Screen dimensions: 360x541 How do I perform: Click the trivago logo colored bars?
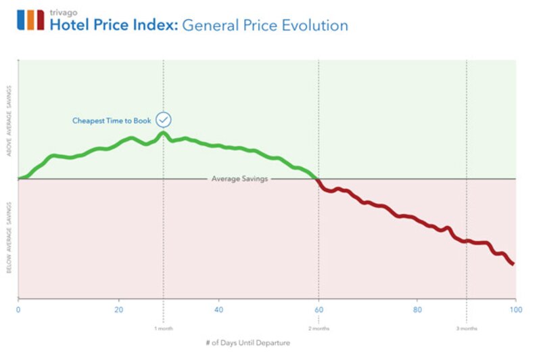click(x=30, y=20)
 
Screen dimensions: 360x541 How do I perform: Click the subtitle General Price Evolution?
click(x=265, y=26)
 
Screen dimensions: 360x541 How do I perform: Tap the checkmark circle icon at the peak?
click(x=164, y=120)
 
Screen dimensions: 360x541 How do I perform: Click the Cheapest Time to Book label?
click(x=112, y=121)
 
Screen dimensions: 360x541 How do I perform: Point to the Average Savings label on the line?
click(x=240, y=179)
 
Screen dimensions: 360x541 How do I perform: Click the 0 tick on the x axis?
click(x=18, y=310)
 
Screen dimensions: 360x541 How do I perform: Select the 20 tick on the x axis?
click(x=119, y=310)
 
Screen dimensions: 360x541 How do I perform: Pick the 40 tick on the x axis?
click(x=218, y=310)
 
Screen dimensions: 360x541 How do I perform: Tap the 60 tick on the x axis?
click(x=319, y=310)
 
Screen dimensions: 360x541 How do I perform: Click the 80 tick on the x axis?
click(x=417, y=310)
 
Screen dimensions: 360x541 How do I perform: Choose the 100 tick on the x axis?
click(x=515, y=310)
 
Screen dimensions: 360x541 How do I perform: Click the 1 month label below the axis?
click(x=164, y=328)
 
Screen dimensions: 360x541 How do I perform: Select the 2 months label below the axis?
click(x=319, y=328)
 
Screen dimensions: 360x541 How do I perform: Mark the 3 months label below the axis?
click(x=466, y=328)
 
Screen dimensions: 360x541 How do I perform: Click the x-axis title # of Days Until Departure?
click(x=250, y=343)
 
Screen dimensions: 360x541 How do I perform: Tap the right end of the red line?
click(x=513, y=263)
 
